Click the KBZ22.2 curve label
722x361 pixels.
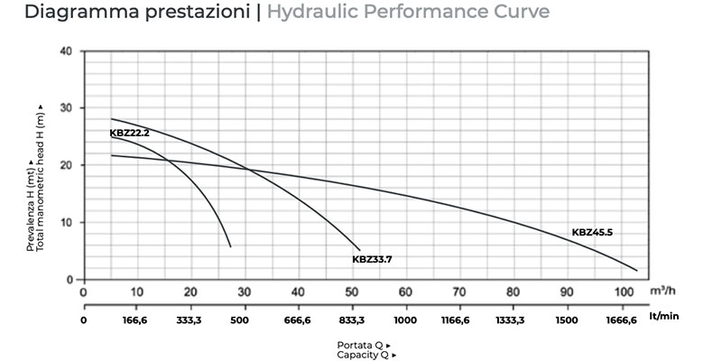point(129,134)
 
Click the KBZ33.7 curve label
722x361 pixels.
point(372,259)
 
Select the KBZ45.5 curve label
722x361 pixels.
point(592,233)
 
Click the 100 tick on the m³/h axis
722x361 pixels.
point(620,292)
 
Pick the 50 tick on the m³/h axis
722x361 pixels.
point(352,292)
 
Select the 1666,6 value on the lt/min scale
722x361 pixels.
point(620,319)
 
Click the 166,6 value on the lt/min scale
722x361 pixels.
point(137,319)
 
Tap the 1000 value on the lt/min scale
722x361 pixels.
point(405,319)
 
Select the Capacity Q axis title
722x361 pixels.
point(363,355)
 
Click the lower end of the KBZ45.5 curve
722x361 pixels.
point(636,271)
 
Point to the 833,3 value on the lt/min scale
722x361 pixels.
point(352,319)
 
